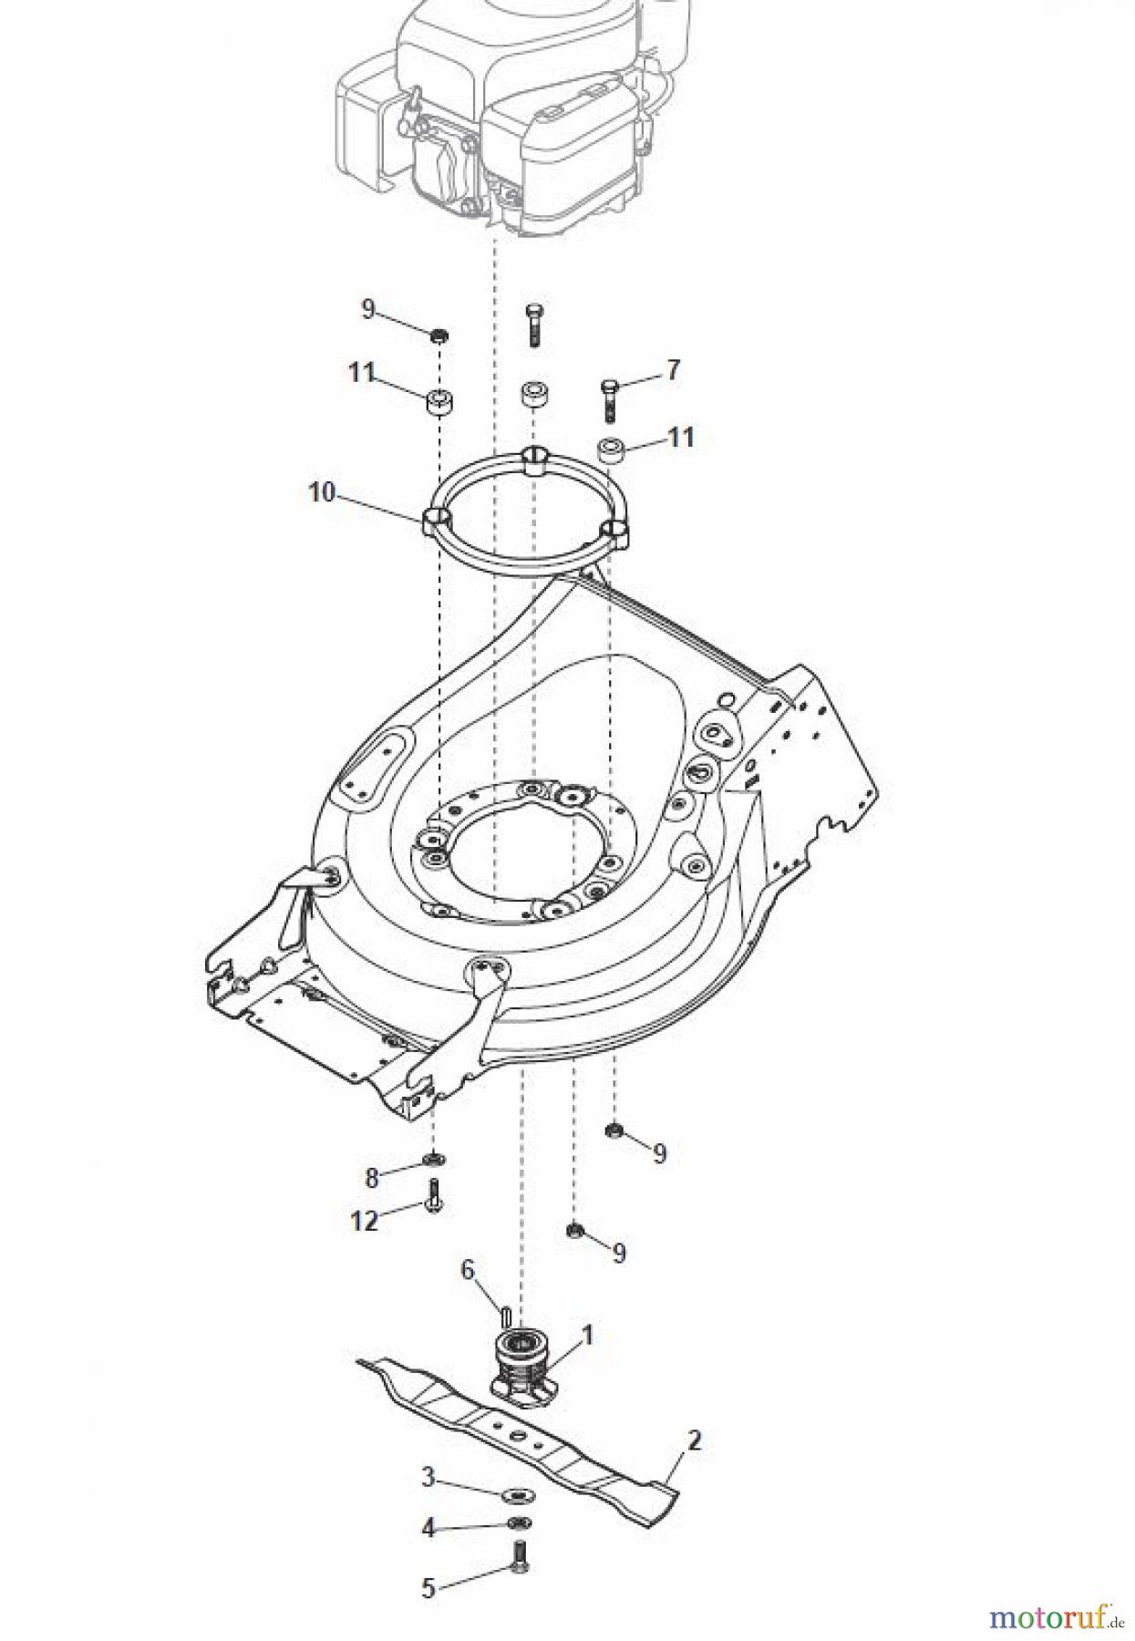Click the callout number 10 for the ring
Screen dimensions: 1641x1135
point(322,492)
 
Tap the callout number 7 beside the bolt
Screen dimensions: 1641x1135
point(673,370)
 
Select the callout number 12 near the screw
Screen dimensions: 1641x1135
point(364,1220)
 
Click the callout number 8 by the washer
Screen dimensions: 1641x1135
point(371,1178)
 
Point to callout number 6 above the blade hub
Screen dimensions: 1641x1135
point(468,1269)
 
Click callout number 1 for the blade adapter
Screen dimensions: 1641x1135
point(587,1336)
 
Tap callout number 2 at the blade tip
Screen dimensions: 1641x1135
point(694,1441)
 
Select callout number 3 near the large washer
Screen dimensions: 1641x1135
point(428,1476)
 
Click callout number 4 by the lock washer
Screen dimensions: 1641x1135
point(428,1528)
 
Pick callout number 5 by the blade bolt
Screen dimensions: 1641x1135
point(428,1588)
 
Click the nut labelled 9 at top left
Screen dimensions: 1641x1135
point(439,336)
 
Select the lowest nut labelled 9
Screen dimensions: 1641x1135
point(574,1230)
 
